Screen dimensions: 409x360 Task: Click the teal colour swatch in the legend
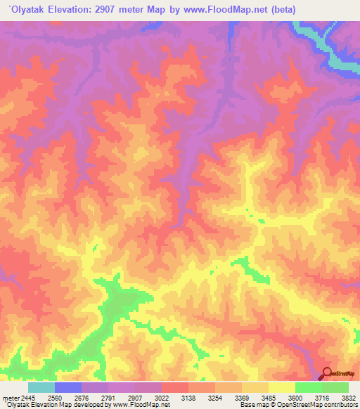tap(41, 387)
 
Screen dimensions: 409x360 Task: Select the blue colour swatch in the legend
tap(68, 387)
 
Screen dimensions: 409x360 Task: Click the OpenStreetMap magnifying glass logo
tap(327, 374)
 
